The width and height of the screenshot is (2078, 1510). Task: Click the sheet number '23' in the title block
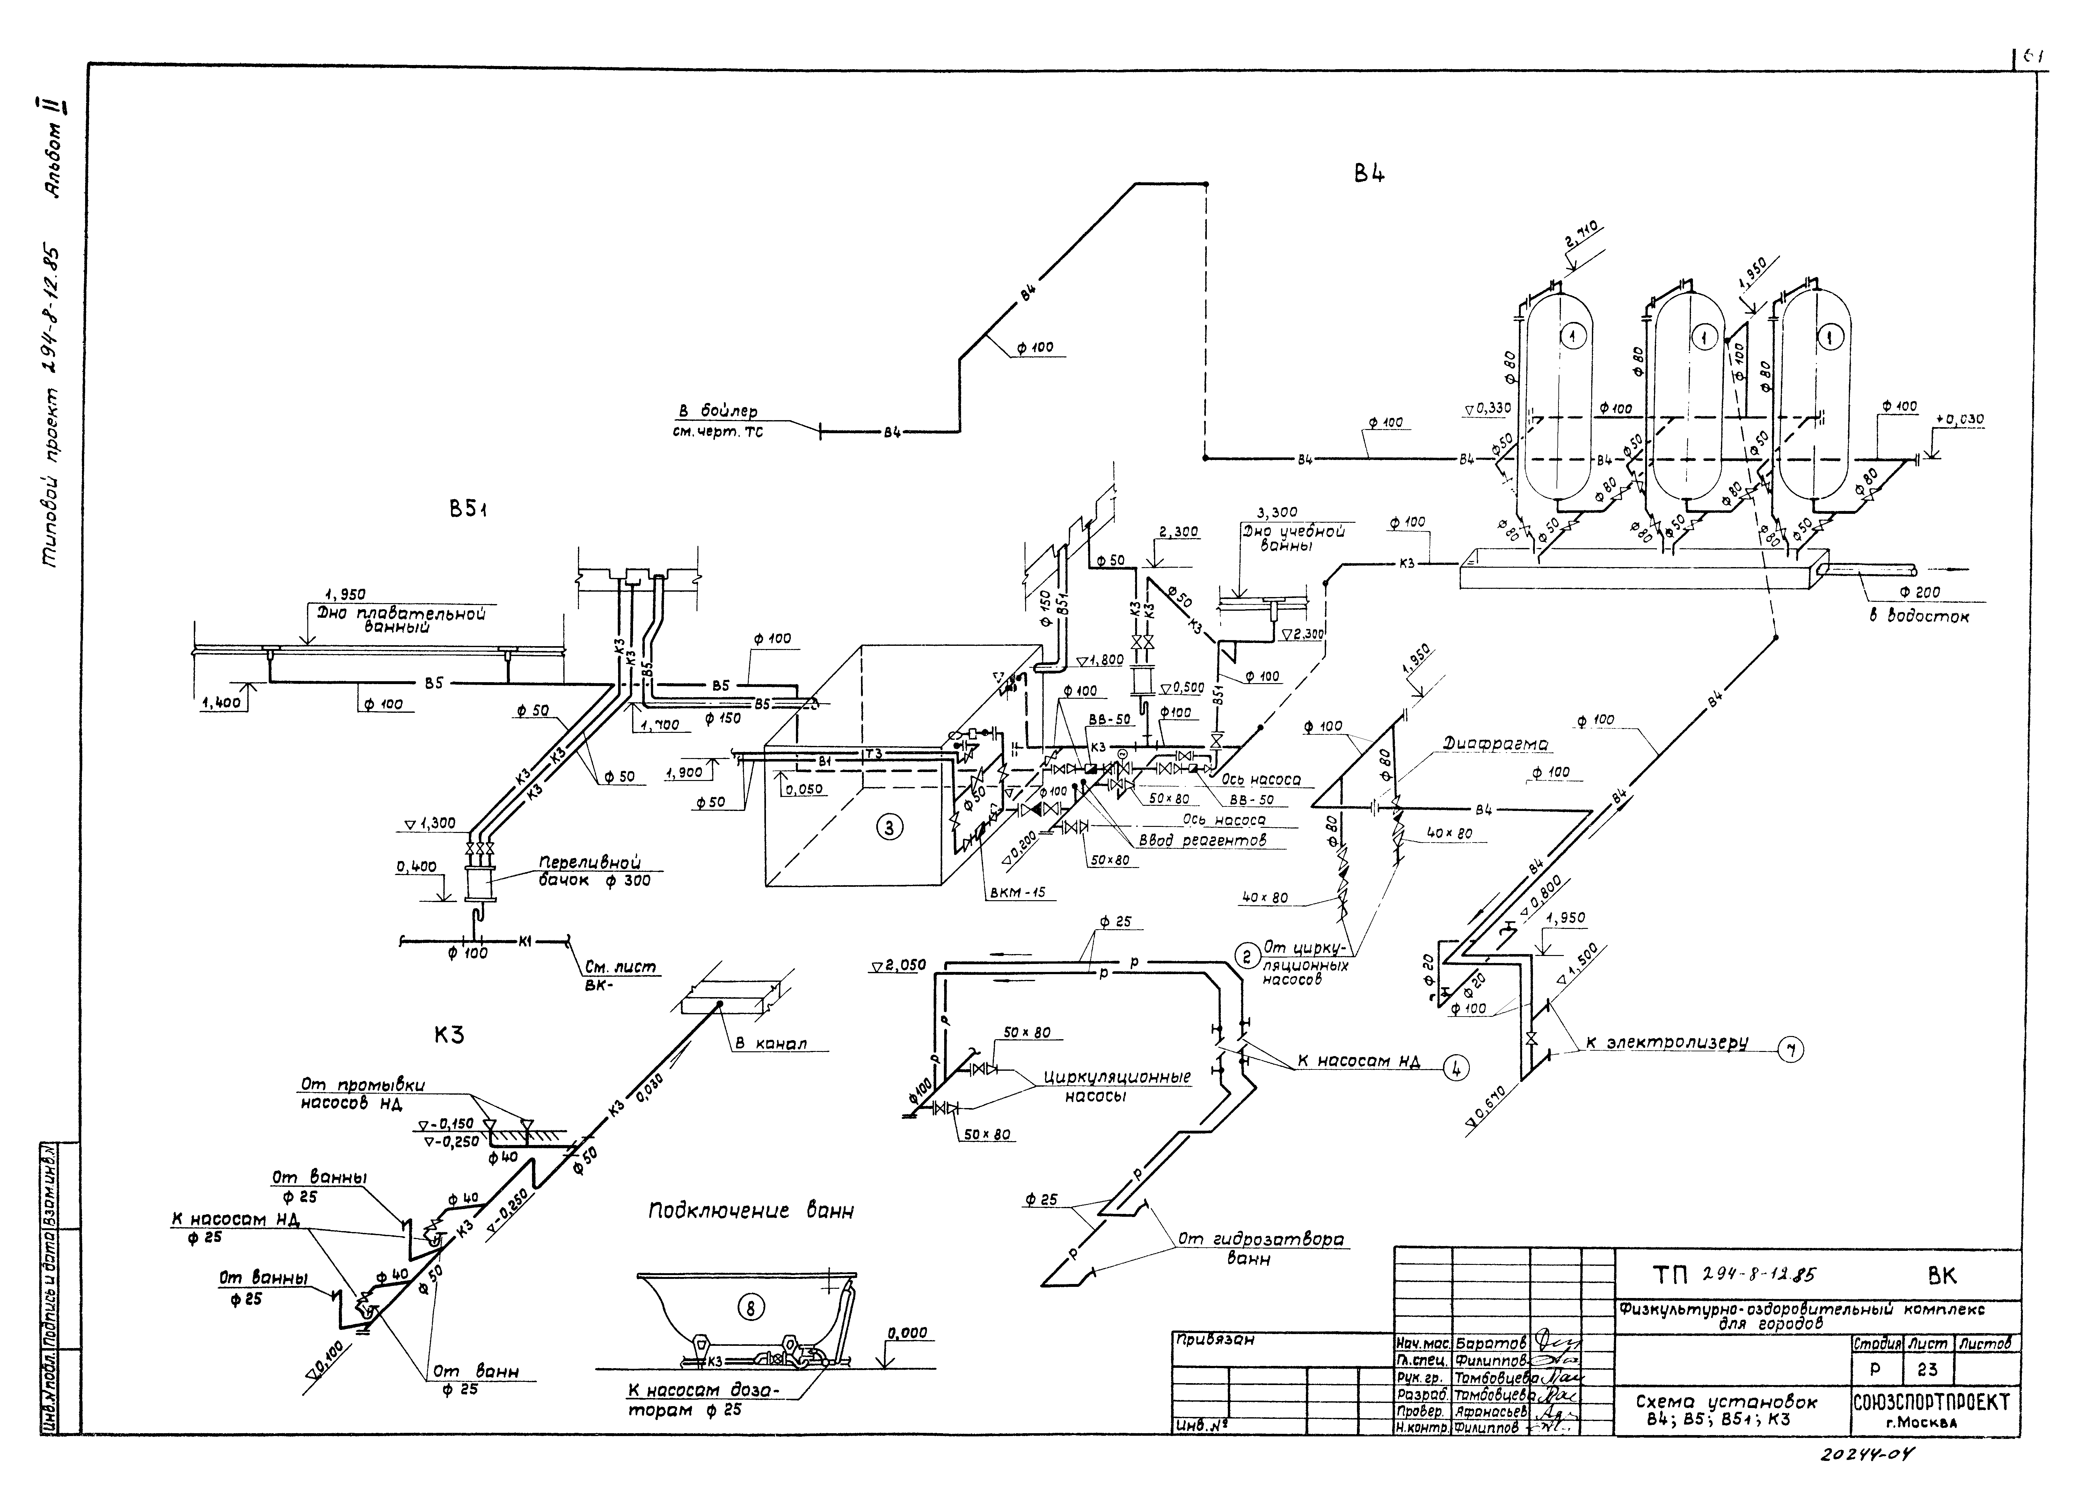pos(1927,1370)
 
